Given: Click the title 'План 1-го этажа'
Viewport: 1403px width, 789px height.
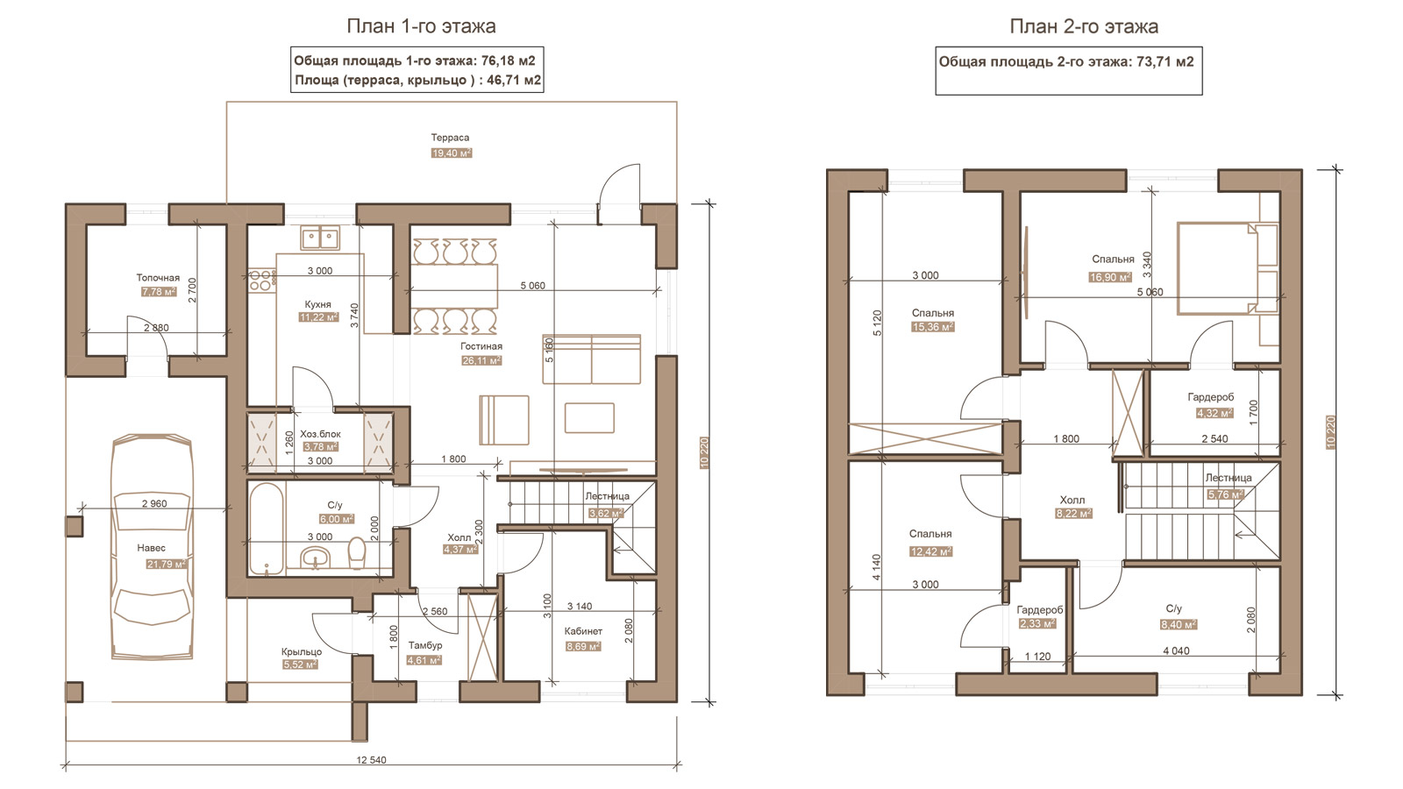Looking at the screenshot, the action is (421, 26).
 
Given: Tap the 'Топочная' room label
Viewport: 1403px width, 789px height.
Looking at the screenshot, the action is (158, 277).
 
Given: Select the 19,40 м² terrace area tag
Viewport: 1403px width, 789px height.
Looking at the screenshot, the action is (452, 153).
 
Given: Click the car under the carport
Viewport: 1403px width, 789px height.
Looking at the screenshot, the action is (153, 547).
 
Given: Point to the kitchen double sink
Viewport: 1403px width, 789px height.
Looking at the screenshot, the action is (320, 238).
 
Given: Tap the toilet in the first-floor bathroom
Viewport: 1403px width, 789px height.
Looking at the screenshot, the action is (356, 552).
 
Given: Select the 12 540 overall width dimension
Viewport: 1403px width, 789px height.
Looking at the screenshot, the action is (372, 759).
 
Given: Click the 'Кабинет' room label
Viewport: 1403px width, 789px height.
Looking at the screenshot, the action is (583, 631).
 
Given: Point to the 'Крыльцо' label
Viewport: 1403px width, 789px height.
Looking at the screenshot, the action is (302, 651).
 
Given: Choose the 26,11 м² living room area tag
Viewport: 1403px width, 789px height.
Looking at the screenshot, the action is (481, 360).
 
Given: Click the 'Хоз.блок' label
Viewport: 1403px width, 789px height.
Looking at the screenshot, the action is (320, 434).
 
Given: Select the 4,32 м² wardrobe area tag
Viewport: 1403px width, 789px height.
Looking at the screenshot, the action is (1214, 413).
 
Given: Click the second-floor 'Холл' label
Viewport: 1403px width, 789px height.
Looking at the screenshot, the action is (1072, 500).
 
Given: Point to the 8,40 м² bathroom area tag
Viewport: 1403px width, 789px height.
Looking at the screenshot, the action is (1179, 624).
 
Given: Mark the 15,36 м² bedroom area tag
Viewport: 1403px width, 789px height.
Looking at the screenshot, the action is (933, 327).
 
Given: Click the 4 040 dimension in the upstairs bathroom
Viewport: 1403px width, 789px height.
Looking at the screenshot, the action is (1176, 650).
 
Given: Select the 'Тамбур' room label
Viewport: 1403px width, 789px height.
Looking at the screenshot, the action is (425, 645).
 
